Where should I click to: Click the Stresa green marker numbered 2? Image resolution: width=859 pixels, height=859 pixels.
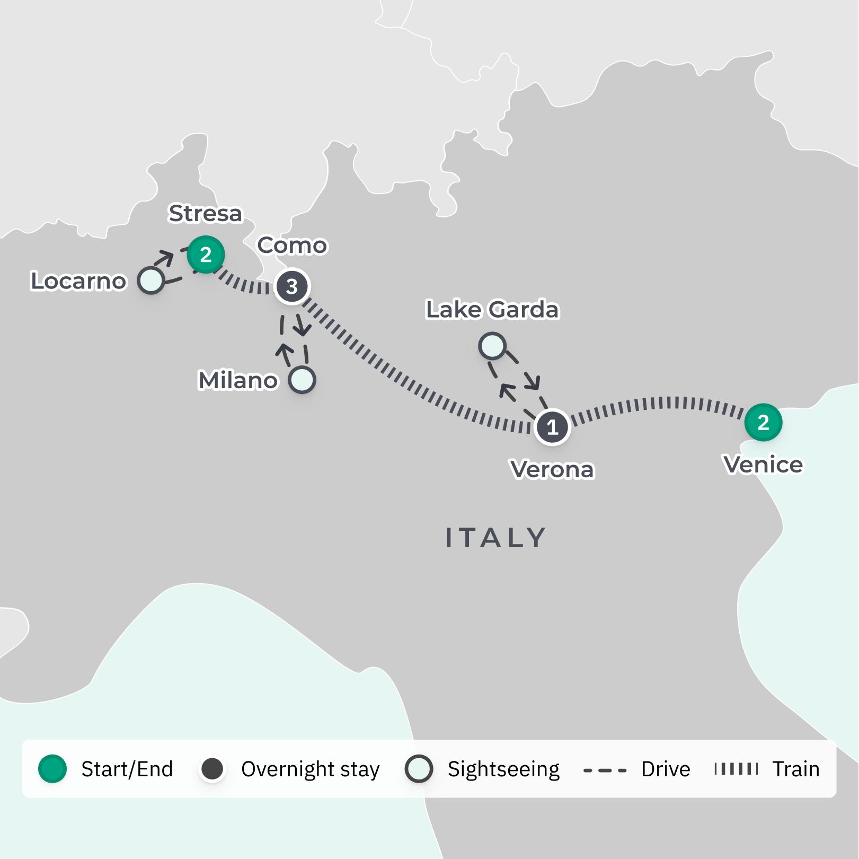(206, 255)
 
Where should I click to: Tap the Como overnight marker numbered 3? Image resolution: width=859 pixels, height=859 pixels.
(291, 286)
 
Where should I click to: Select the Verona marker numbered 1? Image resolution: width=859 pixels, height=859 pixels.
(552, 426)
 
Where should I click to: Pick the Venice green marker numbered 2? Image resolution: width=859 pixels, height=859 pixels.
(763, 423)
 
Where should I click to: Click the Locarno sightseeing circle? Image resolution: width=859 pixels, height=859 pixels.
(151, 280)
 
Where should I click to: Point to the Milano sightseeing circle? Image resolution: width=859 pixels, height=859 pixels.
(302, 380)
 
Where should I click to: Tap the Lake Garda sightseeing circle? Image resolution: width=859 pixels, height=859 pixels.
(492, 346)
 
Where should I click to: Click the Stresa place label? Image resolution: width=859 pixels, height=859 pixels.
(205, 213)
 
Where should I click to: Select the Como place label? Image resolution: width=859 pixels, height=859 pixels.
(293, 246)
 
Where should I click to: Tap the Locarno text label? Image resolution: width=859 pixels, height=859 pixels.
(78, 281)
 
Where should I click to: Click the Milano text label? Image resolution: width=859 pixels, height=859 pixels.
(238, 380)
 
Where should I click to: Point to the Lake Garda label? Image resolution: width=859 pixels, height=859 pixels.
(492, 310)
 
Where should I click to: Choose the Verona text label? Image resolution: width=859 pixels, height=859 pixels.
(552, 469)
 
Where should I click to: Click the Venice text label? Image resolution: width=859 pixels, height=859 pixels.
(763, 464)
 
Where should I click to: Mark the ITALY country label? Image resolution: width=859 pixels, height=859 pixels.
(495, 538)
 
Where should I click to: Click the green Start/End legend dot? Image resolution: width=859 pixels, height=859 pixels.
(52, 769)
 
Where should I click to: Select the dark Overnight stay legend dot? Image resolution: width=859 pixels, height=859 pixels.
(212, 769)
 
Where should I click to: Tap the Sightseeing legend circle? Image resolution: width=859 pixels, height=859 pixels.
(419, 769)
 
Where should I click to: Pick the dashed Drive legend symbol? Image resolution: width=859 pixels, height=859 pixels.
(605, 770)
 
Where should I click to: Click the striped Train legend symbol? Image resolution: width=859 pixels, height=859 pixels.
(736, 769)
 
